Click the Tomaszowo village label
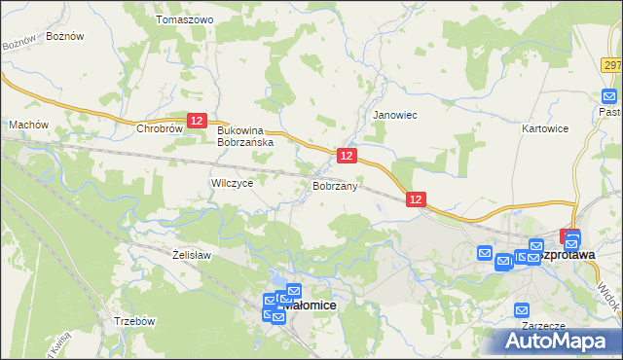tap(184, 19)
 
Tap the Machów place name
tap(28, 125)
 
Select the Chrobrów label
tap(161, 128)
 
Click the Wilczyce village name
tap(232, 182)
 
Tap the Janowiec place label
tap(395, 115)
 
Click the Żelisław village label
tap(192, 255)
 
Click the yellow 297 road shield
tap(611, 65)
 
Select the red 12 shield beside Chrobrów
tap(197, 120)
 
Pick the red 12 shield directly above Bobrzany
tap(347, 156)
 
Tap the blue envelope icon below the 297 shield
tap(609, 96)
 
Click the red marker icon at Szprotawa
tap(571, 236)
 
